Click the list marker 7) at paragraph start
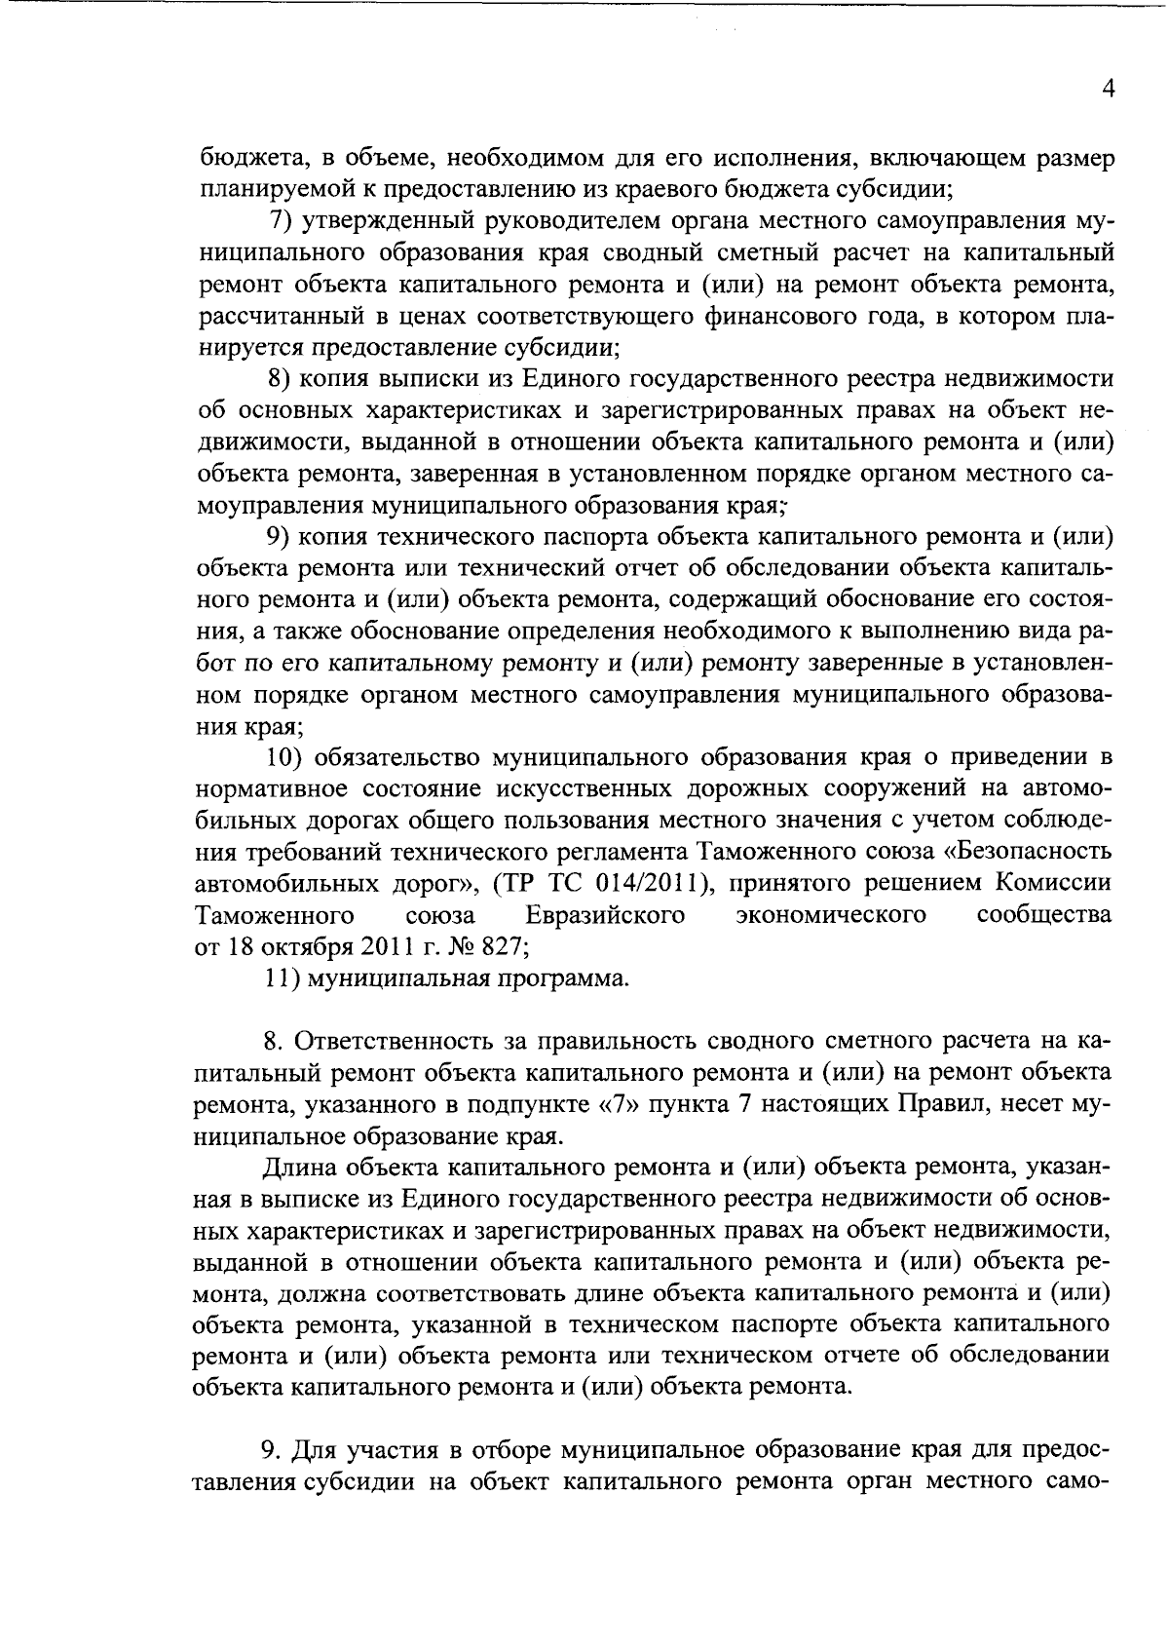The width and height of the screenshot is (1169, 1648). pyautogui.click(x=282, y=221)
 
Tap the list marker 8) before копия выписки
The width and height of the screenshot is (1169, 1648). pyautogui.click(x=282, y=378)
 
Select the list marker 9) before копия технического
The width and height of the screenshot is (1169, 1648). pyautogui.click(x=282, y=536)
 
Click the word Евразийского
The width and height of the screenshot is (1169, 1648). pyautogui.click(x=604, y=916)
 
